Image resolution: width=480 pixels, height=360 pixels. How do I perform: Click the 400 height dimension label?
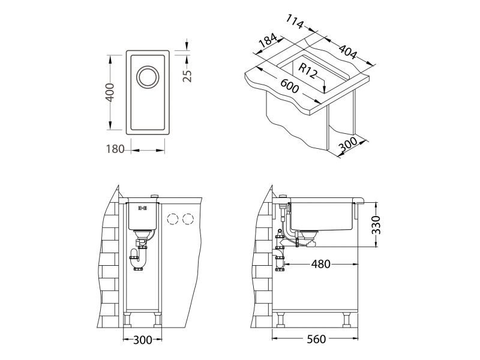(110, 92)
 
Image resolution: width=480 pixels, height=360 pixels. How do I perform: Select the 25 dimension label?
(187, 75)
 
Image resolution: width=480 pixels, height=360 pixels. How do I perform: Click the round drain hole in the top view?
(146, 77)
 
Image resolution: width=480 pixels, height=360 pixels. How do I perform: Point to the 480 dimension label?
(321, 263)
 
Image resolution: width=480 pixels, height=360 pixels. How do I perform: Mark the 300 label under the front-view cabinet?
(142, 340)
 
